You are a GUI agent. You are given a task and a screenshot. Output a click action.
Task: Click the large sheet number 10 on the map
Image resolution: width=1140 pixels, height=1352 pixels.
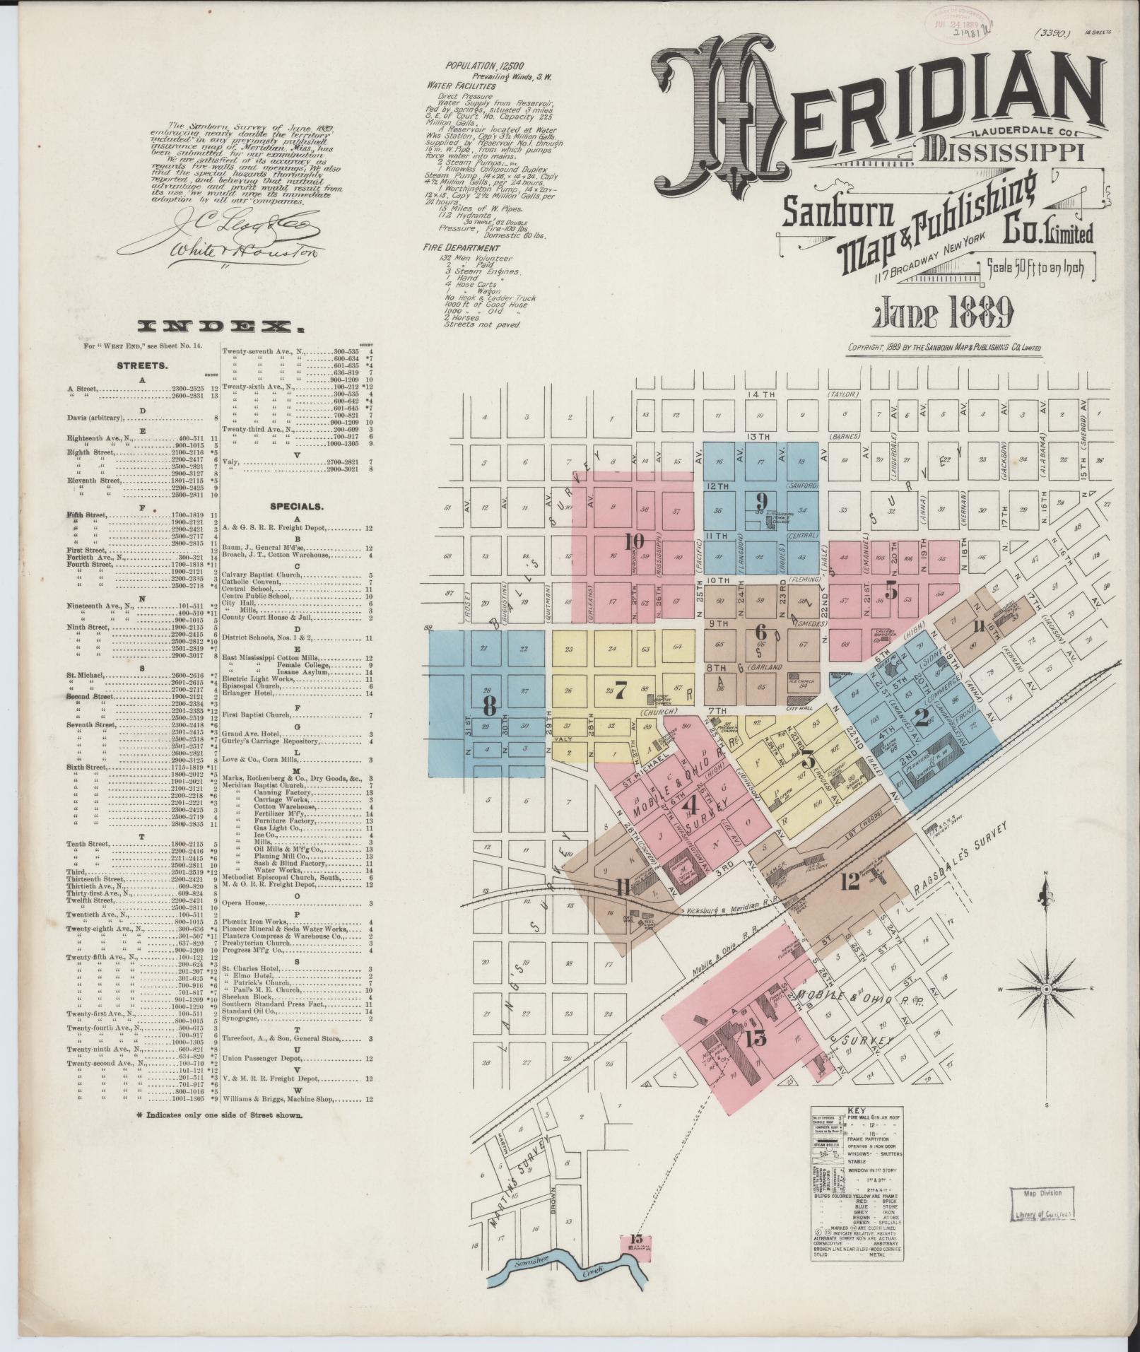pyautogui.click(x=635, y=541)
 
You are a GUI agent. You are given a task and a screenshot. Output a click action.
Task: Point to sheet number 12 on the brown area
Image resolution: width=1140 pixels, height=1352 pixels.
pyautogui.click(x=850, y=881)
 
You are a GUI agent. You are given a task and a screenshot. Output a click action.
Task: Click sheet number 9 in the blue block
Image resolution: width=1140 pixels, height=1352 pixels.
pyautogui.click(x=760, y=501)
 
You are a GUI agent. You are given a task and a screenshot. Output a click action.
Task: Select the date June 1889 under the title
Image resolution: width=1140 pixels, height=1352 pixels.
pyautogui.click(x=944, y=315)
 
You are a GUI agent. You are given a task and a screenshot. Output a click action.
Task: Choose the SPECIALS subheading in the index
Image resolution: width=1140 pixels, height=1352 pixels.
pyautogui.click(x=295, y=506)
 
